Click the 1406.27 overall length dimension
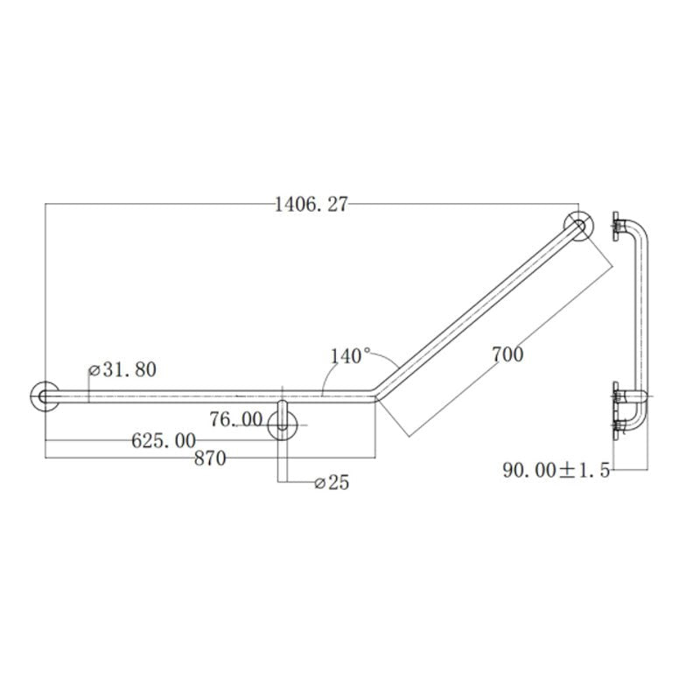coord(311,205)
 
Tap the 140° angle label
coord(350,356)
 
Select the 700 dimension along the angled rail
coord(507,354)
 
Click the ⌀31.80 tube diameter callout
coord(122,370)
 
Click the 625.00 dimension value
coord(163,441)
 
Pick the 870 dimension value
coord(210,458)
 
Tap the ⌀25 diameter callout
coord(330,482)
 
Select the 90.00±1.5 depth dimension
coord(555,470)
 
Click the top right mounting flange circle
coord(577,226)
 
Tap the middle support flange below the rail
coord(283,425)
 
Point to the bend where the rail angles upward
coord(376,393)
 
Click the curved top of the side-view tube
coord(640,229)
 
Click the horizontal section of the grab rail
coord(201,397)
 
